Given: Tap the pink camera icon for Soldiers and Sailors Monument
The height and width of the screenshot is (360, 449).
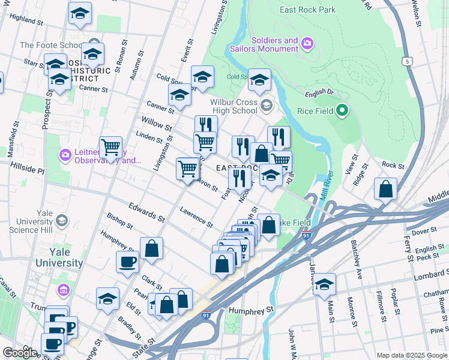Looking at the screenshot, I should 307,43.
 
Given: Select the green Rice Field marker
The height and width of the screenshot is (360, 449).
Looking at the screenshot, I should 342,110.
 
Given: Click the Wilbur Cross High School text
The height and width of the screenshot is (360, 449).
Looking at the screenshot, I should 234,106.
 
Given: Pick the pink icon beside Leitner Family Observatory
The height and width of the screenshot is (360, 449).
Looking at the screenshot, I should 64,155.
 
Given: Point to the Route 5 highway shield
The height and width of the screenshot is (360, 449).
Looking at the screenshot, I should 408,61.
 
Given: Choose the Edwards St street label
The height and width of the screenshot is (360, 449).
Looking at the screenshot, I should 145,211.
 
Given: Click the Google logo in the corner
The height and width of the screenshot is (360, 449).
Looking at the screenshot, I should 20,353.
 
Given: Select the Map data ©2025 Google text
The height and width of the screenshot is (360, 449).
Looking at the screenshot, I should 411,355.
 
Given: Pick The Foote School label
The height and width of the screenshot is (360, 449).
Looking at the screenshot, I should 50,45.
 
